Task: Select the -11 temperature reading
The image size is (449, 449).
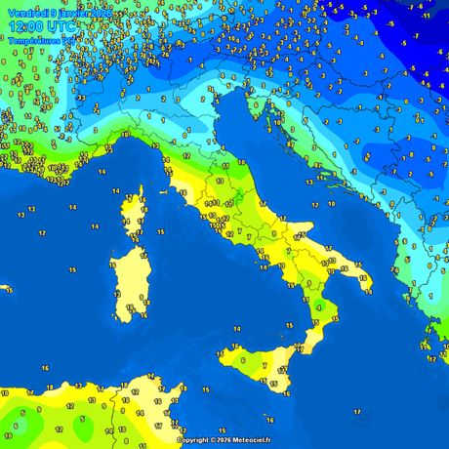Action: (427, 17)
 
